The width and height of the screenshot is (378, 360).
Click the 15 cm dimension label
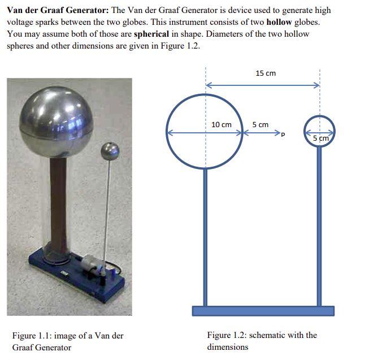click(265, 73)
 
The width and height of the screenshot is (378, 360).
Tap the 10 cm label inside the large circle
click(221, 124)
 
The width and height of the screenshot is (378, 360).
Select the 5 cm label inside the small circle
click(320, 138)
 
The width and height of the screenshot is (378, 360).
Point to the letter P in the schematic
click(283, 135)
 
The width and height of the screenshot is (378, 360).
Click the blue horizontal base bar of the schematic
click(263, 311)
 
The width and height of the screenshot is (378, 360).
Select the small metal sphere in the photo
click(110, 151)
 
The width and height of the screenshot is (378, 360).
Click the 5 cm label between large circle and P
click(260, 124)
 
